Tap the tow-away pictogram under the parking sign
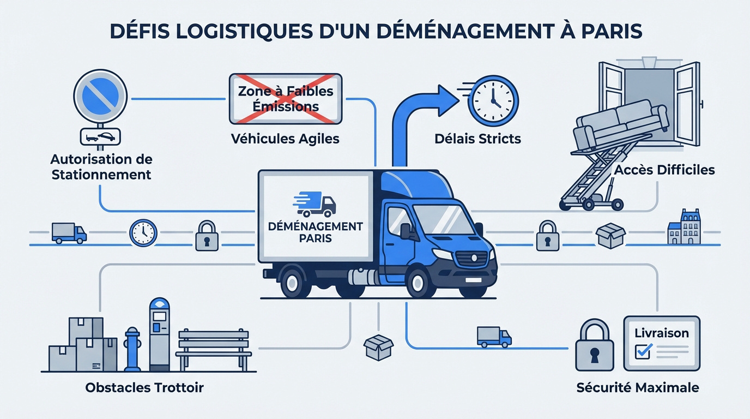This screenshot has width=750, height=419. (x=100, y=137)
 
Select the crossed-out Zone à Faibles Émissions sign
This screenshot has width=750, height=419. (x=285, y=98)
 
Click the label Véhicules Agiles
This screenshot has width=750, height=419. (x=285, y=139)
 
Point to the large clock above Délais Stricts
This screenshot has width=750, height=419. (x=493, y=101)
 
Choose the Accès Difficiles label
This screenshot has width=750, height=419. (x=664, y=170)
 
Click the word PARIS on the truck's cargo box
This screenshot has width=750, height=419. (x=315, y=238)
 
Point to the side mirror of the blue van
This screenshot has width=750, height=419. (x=406, y=231)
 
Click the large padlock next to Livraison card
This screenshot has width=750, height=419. (x=594, y=346)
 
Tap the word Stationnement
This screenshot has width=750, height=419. (x=101, y=175)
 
